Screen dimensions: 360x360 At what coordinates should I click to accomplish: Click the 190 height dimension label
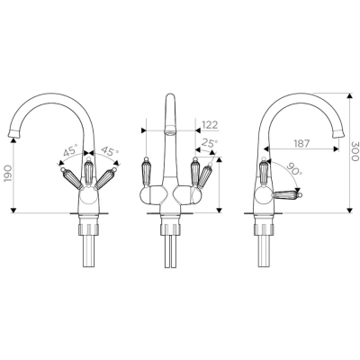8,174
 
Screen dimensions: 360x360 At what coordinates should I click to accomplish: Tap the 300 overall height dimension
355,150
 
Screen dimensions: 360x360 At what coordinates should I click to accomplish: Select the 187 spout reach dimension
301,143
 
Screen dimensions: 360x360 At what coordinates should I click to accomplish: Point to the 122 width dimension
210,125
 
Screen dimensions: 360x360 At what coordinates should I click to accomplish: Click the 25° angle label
210,143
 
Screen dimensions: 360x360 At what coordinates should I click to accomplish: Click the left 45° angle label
70,150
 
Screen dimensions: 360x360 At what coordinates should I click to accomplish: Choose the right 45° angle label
108,150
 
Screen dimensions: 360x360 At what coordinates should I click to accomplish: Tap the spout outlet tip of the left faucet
13,133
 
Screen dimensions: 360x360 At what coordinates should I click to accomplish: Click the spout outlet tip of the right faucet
338,133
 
